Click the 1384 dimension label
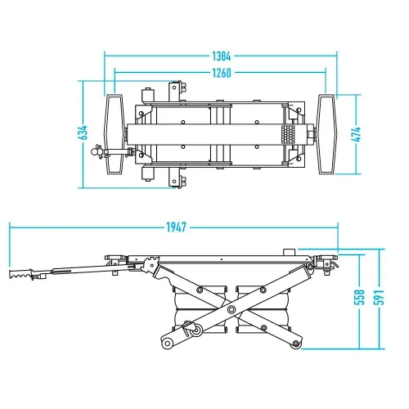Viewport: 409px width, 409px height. (222, 56)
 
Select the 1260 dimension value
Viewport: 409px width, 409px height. (222, 73)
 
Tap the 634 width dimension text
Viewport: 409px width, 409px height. (83, 133)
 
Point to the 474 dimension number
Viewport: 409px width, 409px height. (356, 134)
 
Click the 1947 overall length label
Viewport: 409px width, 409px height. (177, 227)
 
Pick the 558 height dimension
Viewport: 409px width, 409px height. (359, 297)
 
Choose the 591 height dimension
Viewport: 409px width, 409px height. (379, 297)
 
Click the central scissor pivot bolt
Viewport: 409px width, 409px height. (231, 309)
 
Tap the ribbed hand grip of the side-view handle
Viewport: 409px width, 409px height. (21, 274)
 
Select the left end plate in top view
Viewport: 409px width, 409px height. (115, 134)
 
